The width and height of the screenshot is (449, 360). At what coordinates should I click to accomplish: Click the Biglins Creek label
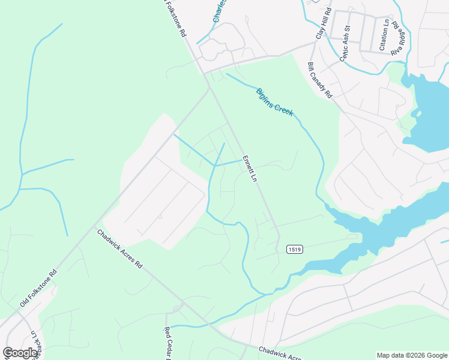(274, 101)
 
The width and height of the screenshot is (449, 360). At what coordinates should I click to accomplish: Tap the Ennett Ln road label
(249, 169)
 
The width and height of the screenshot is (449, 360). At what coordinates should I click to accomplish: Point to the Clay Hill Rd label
(322, 25)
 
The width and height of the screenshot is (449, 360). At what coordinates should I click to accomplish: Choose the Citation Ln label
(384, 35)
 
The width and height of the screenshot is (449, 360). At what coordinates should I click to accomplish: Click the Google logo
(20, 352)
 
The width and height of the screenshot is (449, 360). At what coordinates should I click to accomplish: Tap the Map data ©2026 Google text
(412, 355)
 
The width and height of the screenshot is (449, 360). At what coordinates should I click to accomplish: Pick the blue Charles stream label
(220, 11)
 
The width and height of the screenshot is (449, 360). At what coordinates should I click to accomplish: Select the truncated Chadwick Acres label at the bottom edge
(280, 353)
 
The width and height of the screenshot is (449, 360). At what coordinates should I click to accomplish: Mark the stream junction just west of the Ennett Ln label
(215, 165)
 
